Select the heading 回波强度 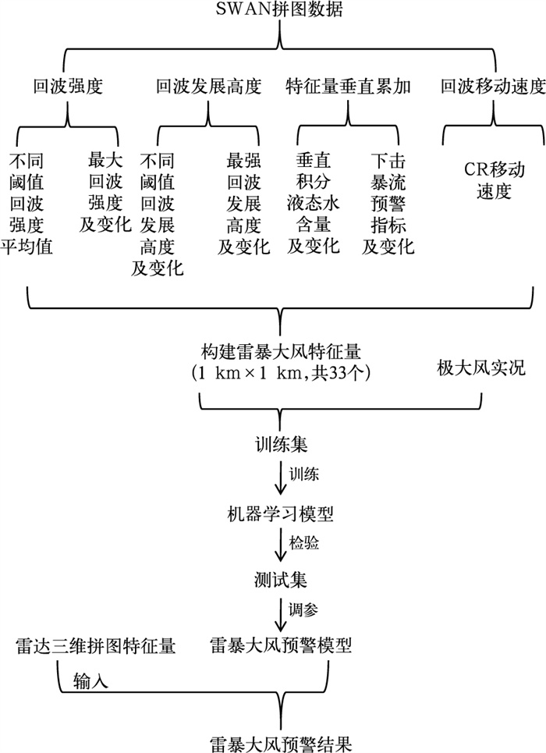pyautogui.click(x=68, y=86)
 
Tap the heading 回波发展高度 pyautogui.click(x=208, y=86)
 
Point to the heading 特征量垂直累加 pyautogui.click(x=348, y=86)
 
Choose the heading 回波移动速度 pyautogui.click(x=491, y=86)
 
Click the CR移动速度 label pyautogui.click(x=491, y=180)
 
